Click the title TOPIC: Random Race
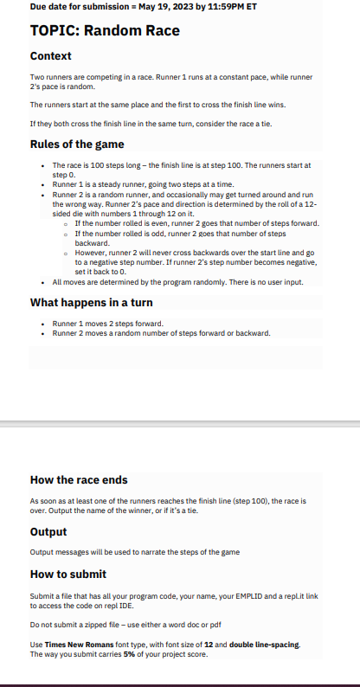(x=105, y=31)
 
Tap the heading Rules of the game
(x=77, y=144)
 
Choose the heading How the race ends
(x=79, y=479)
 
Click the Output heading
(x=48, y=531)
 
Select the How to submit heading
(x=68, y=574)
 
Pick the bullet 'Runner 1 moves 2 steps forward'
(x=107, y=324)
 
